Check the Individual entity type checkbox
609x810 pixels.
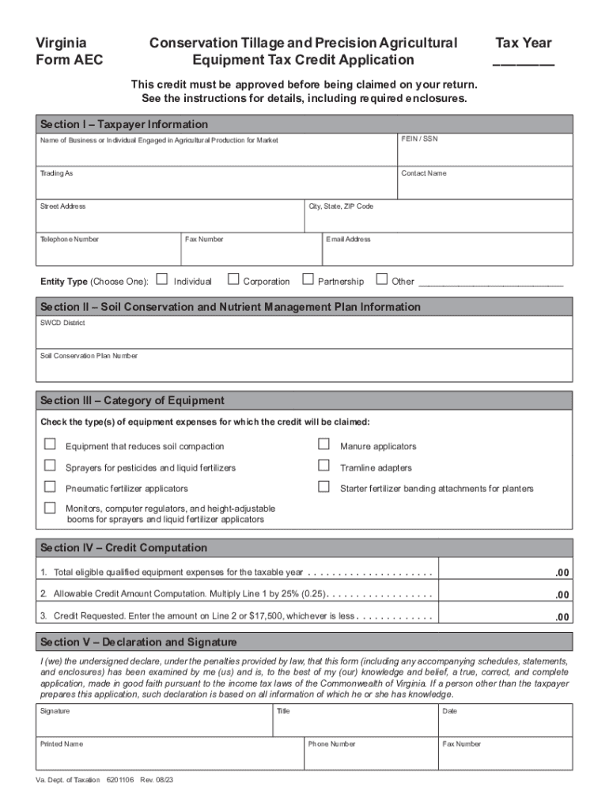click(162, 279)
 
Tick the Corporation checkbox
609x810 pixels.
click(233, 279)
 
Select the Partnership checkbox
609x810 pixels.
click(307, 279)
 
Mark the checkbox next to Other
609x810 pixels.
click(382, 279)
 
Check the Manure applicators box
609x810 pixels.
click(323, 445)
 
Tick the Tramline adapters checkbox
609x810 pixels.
click(323, 466)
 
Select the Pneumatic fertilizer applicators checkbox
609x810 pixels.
click(50, 486)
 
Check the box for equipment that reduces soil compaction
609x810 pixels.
click(50, 445)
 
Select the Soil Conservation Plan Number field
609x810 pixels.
click(304, 368)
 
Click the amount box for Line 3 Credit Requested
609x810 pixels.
click(505, 615)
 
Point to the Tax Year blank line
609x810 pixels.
click(524, 62)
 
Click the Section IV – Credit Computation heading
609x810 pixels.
click(124, 548)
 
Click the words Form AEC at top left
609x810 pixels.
click(70, 60)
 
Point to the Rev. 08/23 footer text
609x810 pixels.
click(157, 780)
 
